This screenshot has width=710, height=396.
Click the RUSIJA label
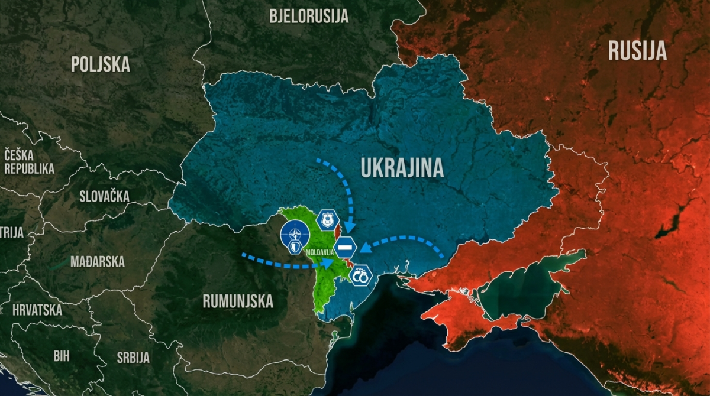click(x=637, y=51)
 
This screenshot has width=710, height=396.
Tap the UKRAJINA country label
click(x=402, y=168)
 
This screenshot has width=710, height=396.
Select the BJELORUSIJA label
click(x=309, y=16)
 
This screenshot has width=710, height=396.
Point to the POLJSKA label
click(x=101, y=64)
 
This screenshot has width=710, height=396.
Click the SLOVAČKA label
click(x=104, y=196)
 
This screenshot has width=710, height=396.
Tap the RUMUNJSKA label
click(x=238, y=301)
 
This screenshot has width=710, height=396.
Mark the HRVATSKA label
click(x=37, y=310)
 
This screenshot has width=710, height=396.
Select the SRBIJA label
click(x=133, y=357)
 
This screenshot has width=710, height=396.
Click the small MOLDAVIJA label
click(x=320, y=253)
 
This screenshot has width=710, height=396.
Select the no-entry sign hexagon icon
click(x=345, y=246)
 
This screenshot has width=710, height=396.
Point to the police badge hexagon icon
click(x=326, y=220)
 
